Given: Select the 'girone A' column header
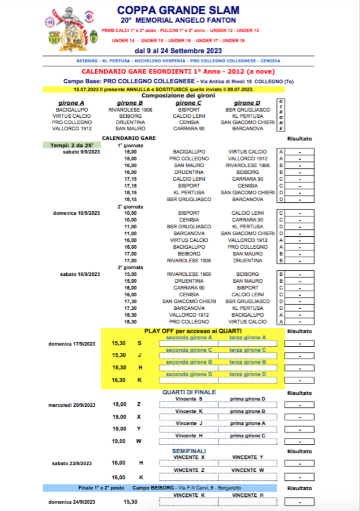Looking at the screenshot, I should tap(71, 103).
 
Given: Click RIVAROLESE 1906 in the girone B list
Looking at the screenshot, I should tap(130, 109).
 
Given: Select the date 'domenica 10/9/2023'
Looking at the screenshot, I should tap(76, 213).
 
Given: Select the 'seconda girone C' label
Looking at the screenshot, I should tap(188, 350).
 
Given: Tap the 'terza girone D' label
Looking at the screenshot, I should tap(247, 374).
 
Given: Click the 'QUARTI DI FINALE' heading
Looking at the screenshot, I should tap(189, 392).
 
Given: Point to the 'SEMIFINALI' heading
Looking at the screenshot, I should tap(189, 450).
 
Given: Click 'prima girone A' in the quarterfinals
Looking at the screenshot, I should tap(247, 423).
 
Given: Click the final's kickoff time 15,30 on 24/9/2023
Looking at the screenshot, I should tap(130, 501).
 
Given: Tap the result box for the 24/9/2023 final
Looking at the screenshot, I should tap(299, 502).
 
